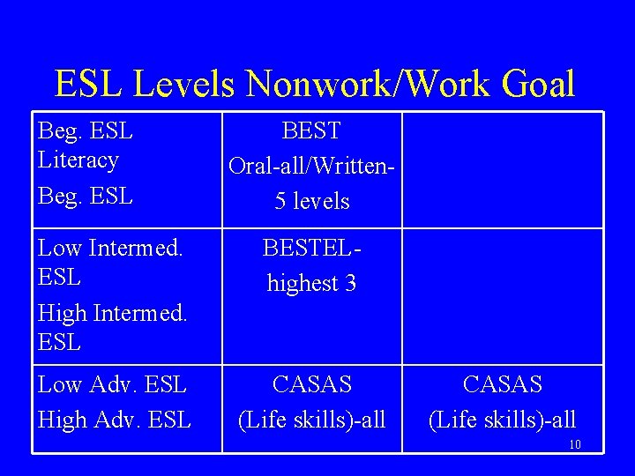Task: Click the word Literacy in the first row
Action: [78, 160]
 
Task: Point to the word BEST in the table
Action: [311, 131]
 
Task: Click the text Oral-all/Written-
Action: [311, 166]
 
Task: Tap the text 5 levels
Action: [311, 201]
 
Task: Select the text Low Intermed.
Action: [110, 248]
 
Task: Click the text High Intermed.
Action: [112, 313]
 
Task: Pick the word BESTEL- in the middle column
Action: [311, 249]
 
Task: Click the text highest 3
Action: [311, 283]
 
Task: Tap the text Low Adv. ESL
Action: [112, 385]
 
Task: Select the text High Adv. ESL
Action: [115, 420]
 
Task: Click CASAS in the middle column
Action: [311, 385]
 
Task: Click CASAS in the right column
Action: [502, 385]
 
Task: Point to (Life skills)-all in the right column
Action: [502, 420]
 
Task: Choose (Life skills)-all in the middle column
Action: [311, 420]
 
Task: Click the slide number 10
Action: [575, 444]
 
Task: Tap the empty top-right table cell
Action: [502, 169]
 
